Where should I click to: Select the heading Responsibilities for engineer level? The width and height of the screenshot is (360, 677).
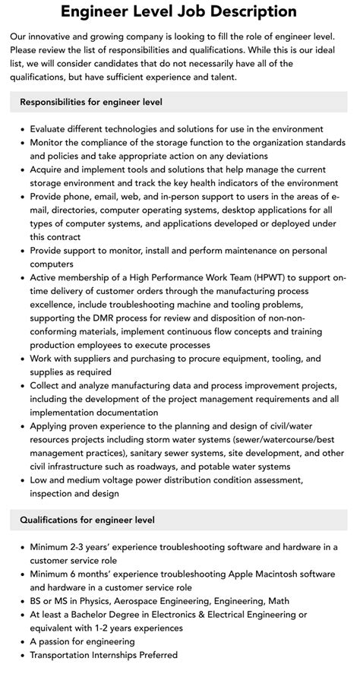[x=91, y=101]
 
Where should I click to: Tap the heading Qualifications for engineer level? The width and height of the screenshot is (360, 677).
[x=87, y=520]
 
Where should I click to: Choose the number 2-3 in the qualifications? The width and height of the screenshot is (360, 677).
[x=85, y=547]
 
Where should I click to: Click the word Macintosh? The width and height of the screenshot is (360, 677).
[x=263, y=574]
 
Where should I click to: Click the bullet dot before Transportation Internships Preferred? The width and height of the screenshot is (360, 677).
[x=22, y=656]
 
